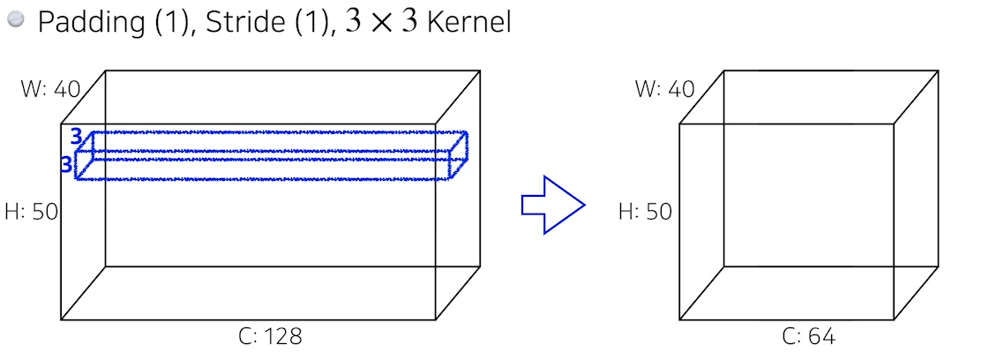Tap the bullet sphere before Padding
coord(17,21)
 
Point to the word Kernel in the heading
coord(468,22)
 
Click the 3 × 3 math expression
coord(382,22)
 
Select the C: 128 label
coord(271,336)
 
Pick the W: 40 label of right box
coord(664,89)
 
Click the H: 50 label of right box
coord(645,211)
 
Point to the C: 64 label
coord(808,336)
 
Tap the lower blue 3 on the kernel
coord(66,164)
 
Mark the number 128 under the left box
coord(283,336)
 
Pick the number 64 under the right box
coord(820,336)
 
